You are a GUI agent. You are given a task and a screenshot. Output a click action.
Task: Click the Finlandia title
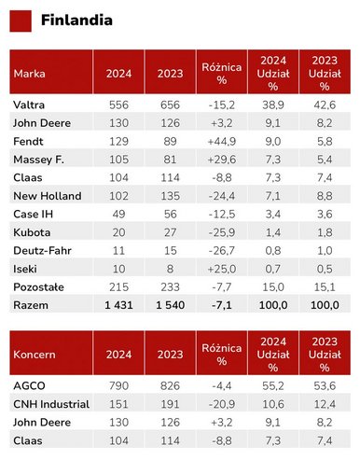point(76,21)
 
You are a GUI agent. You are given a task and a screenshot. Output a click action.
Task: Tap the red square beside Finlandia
point(21,21)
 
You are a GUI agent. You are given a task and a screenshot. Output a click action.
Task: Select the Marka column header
point(29,74)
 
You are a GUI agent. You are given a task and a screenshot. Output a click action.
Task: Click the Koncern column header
point(35,355)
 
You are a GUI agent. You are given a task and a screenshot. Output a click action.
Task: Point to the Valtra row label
point(29,105)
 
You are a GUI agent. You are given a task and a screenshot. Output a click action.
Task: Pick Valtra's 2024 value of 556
point(118,105)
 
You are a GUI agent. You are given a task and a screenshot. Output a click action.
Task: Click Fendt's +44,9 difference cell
point(222,142)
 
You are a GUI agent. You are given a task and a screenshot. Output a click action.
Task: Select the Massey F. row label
point(38,160)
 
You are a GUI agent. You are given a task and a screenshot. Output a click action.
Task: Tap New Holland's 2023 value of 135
point(171,196)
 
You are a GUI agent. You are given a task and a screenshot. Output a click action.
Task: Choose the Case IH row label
point(34,215)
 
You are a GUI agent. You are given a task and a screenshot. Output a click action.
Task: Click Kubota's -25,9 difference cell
point(222,232)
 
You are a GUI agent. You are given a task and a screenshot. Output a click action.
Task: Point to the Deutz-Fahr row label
point(42,251)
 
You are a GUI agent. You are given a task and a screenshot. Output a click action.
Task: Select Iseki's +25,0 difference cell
point(222,269)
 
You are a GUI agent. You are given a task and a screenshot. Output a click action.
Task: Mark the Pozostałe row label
point(38,287)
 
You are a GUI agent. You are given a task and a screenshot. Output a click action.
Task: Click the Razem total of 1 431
point(118,305)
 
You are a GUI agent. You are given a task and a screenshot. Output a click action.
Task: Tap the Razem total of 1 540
point(171,305)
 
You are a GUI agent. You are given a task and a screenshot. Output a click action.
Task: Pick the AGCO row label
point(29,386)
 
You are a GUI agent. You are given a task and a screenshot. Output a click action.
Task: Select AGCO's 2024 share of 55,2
point(273,386)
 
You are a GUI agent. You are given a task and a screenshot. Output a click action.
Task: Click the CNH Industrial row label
point(51,404)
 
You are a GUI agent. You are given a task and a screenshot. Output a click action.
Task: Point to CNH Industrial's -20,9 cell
point(222,404)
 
